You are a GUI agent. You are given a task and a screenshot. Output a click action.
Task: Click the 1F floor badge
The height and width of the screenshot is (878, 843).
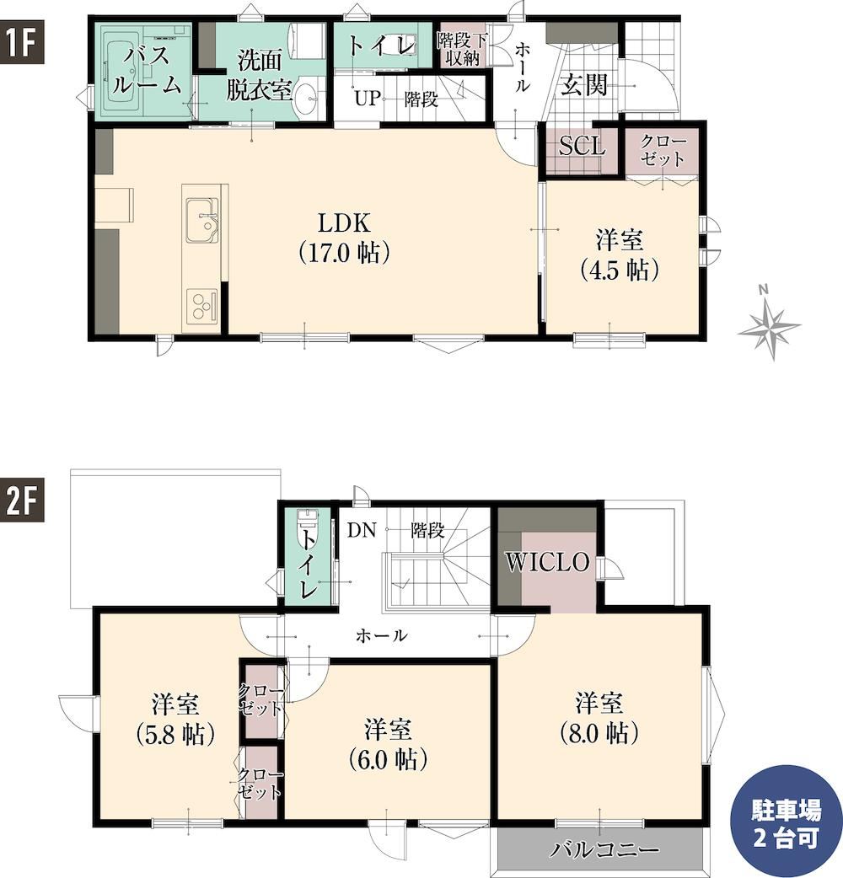pos(21,43)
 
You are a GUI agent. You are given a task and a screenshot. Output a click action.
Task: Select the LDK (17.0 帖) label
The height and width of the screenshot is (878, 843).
pos(344,238)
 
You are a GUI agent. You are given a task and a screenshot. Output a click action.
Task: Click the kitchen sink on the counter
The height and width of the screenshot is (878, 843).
pos(202,221)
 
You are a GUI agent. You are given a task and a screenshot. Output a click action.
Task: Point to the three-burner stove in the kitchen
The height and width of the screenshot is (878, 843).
pos(201,306)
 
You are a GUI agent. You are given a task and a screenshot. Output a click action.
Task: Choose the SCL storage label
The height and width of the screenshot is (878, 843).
pos(582,146)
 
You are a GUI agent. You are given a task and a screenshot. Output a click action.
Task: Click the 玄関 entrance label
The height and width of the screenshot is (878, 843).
pos(584,86)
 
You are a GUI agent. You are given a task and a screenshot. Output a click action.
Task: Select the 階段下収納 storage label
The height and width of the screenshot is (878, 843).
pos(462,49)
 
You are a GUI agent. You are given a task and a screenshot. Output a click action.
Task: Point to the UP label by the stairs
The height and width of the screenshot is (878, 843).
pos(367,99)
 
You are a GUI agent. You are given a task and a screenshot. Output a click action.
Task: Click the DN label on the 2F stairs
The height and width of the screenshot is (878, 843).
pos(362,530)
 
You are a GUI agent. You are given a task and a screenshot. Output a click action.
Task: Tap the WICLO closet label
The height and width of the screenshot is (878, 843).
pos(548,562)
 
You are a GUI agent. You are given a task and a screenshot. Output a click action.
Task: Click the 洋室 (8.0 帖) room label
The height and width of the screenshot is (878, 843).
pos(599,719)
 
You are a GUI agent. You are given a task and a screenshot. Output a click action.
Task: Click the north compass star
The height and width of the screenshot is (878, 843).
pos(771,324)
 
